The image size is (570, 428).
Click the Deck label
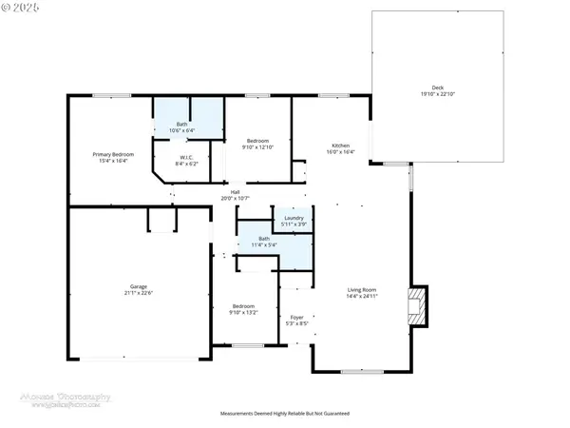437,88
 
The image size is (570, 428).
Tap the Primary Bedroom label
113,154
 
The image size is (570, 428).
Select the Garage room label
139,285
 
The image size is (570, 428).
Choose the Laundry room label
294,218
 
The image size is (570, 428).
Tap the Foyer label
297,317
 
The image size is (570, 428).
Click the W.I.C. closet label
187,158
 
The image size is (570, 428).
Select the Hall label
235,192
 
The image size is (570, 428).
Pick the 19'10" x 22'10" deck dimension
437,95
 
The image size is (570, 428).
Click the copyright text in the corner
21,8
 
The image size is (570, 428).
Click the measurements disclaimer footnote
285,414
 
